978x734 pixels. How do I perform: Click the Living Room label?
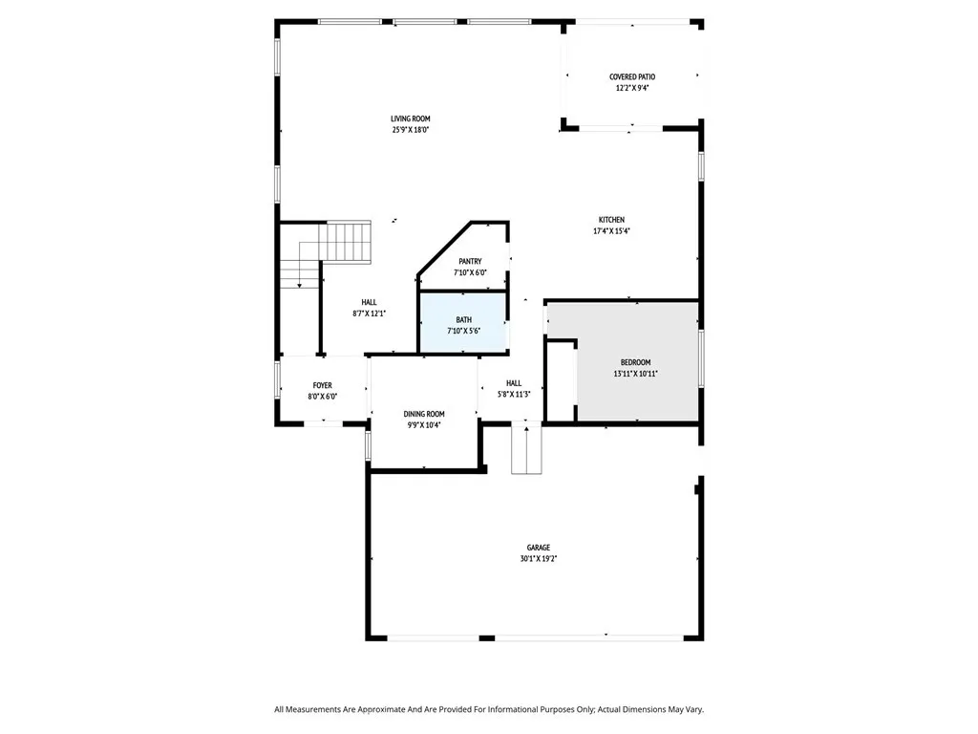pyautogui.click(x=410, y=119)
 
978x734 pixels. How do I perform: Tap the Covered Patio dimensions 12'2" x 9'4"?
pyautogui.click(x=632, y=88)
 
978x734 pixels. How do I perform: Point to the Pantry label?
pyautogui.click(x=470, y=261)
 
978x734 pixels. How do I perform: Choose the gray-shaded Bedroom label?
pyautogui.click(x=635, y=362)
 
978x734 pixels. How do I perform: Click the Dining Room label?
pyautogui.click(x=423, y=414)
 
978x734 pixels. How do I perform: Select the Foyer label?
pyautogui.click(x=322, y=385)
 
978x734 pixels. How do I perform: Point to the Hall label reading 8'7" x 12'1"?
pyautogui.click(x=369, y=313)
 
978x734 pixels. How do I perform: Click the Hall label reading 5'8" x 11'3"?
pyautogui.click(x=514, y=394)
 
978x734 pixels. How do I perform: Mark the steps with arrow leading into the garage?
pyautogui.click(x=526, y=449)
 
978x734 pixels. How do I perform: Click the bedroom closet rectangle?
pyautogui.click(x=561, y=380)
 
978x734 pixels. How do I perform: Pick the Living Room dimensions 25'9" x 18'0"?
pyautogui.click(x=410, y=130)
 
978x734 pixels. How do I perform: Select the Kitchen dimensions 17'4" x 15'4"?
pyautogui.click(x=611, y=230)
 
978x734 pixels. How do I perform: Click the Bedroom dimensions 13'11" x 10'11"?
pyautogui.click(x=635, y=373)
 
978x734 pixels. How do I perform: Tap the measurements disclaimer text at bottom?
pyautogui.click(x=489, y=709)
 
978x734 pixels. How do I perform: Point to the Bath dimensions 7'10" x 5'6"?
pyautogui.click(x=463, y=331)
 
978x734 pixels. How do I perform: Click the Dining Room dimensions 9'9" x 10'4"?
pyautogui.click(x=423, y=425)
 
